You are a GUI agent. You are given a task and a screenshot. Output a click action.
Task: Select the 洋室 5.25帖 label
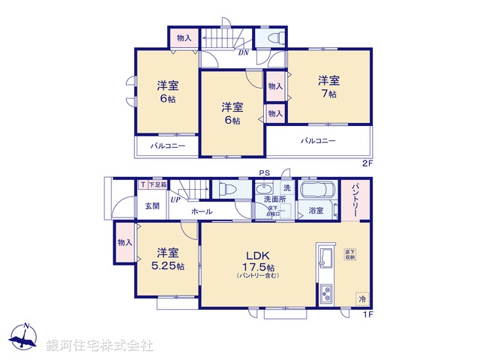(x=166, y=259)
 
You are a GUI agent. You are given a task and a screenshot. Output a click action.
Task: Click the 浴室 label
(x=316, y=211)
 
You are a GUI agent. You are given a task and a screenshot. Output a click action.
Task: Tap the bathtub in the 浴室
(x=319, y=190)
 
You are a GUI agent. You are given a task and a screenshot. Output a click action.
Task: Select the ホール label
(x=202, y=212)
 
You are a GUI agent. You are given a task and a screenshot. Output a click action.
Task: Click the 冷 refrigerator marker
(x=362, y=298)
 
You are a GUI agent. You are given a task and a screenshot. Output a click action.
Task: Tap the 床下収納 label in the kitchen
(x=350, y=253)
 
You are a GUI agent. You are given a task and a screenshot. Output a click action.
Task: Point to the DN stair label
(x=244, y=53)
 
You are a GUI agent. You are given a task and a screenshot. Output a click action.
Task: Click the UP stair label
(x=175, y=199)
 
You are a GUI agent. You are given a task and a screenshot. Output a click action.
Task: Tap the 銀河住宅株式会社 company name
(x=100, y=346)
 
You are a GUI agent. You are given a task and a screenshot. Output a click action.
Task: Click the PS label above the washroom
(x=263, y=173)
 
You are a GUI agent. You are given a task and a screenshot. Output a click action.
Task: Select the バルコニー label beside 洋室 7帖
(x=319, y=141)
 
